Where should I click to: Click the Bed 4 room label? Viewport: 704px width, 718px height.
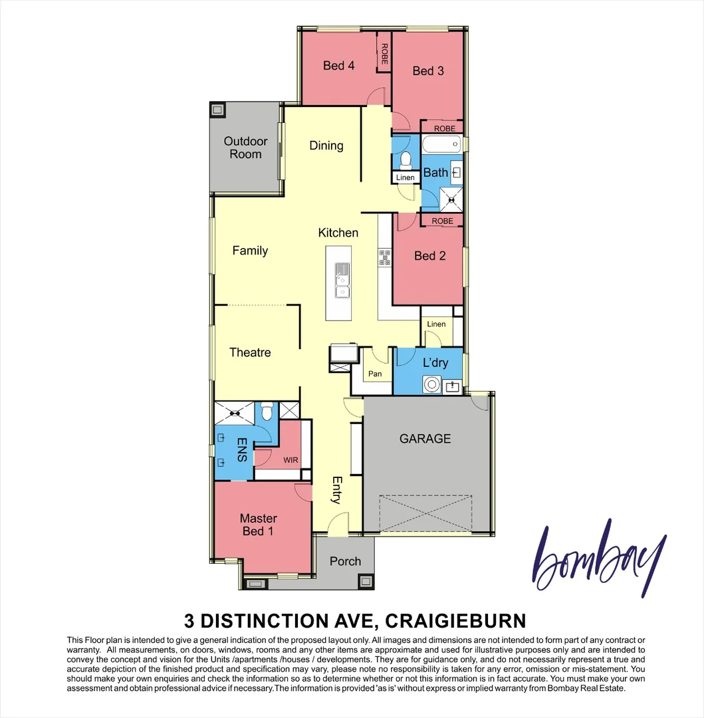coord(338,65)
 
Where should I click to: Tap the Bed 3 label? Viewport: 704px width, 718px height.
coord(428,70)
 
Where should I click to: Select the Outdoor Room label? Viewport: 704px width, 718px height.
coord(245,148)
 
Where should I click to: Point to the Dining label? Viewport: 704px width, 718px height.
coord(326,146)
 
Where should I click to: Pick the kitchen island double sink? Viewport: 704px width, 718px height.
coord(342,281)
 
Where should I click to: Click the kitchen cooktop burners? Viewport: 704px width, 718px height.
coord(385,257)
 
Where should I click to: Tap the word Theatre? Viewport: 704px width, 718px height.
coord(250,352)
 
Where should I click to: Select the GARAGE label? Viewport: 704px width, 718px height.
coord(425,439)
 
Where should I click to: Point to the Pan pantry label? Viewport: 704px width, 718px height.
coord(376,374)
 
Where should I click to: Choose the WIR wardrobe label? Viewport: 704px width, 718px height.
coord(291,459)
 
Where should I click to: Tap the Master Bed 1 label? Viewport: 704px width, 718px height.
coord(259,525)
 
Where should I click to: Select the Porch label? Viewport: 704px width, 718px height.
coord(346,562)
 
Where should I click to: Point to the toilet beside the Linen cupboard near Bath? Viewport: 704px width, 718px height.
coord(406,159)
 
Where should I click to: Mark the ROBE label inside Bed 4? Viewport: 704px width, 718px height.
coord(384,53)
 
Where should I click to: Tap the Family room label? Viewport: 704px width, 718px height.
coord(250,251)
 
